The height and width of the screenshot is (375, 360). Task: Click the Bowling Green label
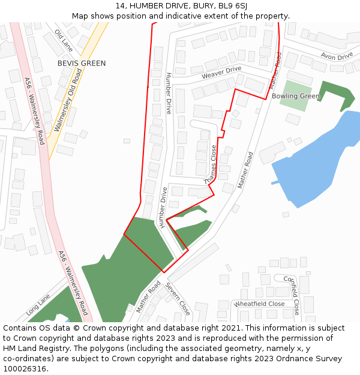[296, 96]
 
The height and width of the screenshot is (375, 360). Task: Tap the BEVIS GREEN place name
[82, 63]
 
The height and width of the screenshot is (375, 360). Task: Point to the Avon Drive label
[337, 56]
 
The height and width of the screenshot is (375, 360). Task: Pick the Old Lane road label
[64, 40]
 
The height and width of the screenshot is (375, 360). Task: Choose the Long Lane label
[38, 305]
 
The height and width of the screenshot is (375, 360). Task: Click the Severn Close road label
[178, 299]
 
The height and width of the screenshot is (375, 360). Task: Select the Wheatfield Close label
[259, 304]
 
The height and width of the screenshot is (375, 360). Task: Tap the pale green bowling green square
[295, 96]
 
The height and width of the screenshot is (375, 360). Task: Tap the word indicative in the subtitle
[196, 16]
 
